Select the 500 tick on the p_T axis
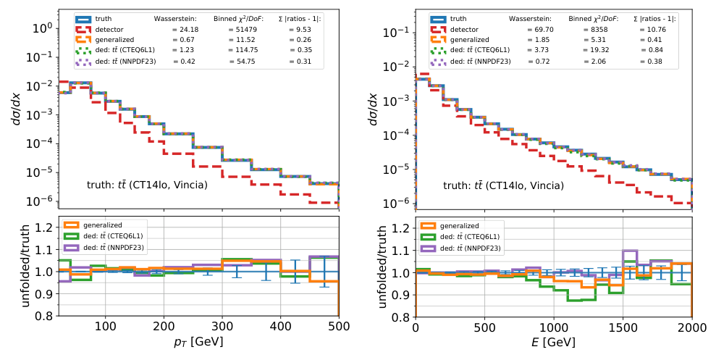[x=338, y=327]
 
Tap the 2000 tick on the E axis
[x=691, y=327]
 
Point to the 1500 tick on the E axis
[x=622, y=327]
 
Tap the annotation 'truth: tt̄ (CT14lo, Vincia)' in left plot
[x=147, y=185]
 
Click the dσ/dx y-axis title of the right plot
[x=372, y=109]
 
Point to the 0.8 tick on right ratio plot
[x=401, y=317]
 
